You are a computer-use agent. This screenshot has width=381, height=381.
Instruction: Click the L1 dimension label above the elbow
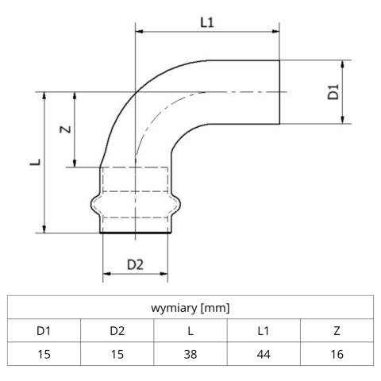click(207, 22)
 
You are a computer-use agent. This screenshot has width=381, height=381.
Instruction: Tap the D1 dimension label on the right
click(333, 92)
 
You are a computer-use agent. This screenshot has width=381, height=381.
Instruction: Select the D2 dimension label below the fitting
click(135, 264)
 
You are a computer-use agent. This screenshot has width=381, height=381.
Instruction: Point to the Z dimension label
click(65, 129)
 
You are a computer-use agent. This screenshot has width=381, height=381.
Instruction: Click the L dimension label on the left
click(35, 162)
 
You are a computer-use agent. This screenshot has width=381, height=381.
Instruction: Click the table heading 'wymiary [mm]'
click(190, 308)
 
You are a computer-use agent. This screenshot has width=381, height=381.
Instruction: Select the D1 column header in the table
click(44, 331)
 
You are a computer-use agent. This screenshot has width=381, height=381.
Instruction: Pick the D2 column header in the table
click(117, 331)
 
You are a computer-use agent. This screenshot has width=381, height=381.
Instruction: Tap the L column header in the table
click(190, 331)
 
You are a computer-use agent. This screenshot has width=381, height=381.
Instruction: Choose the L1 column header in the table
click(264, 331)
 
